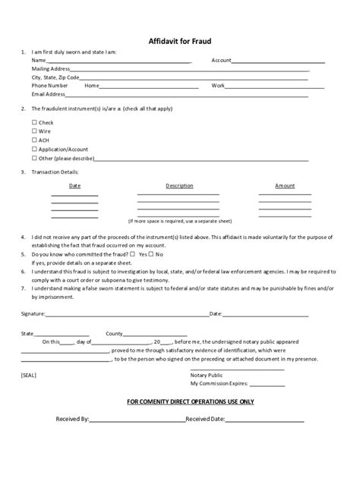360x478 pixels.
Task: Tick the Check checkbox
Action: (x=34, y=122)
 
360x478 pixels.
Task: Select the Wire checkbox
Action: (x=34, y=131)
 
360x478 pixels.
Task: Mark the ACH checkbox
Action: (x=34, y=140)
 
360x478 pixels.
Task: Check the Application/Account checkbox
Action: (x=34, y=149)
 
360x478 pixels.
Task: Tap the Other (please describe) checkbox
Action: (x=34, y=159)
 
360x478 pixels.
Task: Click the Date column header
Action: (x=74, y=186)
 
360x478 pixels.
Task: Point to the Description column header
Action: (x=179, y=186)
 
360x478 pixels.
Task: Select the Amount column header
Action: (x=285, y=186)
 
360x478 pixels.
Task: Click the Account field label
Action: (x=221, y=60)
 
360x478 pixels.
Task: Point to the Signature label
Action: (x=33, y=313)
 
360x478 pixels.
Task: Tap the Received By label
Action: (x=73, y=419)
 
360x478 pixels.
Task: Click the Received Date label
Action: (x=205, y=419)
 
